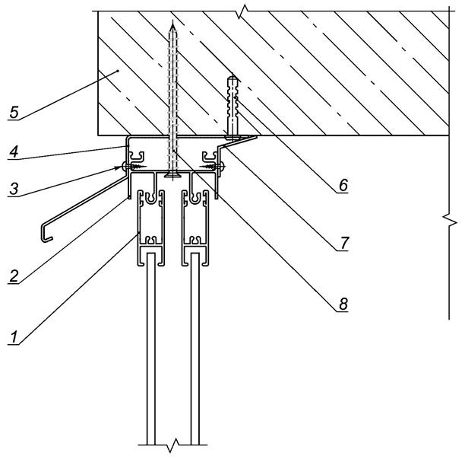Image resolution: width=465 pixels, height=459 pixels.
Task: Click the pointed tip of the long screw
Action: tap(174, 24)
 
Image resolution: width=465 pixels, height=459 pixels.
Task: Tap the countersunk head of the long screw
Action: tap(174, 174)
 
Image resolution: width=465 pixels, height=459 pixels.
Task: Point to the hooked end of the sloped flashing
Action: tap(46, 233)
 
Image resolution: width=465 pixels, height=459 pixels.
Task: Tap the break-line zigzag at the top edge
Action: tap(242, 11)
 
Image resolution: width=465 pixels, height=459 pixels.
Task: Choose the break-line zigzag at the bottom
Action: tap(173, 443)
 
